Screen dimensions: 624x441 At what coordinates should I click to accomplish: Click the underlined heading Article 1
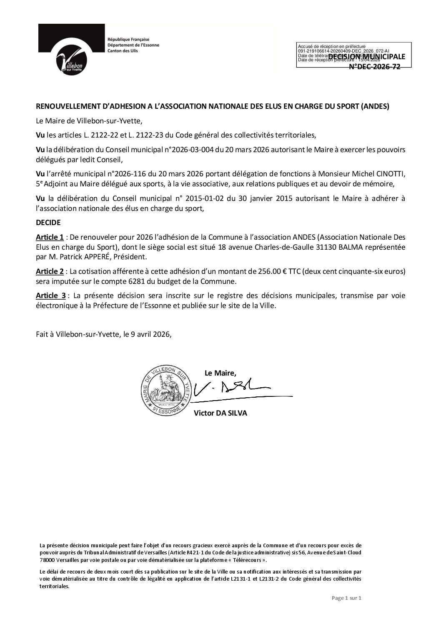click(x=50, y=237)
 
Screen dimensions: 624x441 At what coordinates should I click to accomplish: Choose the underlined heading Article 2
click(x=50, y=271)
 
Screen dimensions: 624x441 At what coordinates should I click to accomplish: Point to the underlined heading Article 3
click(x=50, y=296)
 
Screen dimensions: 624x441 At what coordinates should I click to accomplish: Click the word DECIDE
click(x=48, y=223)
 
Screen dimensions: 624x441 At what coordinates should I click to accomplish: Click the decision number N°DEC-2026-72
click(x=374, y=67)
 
